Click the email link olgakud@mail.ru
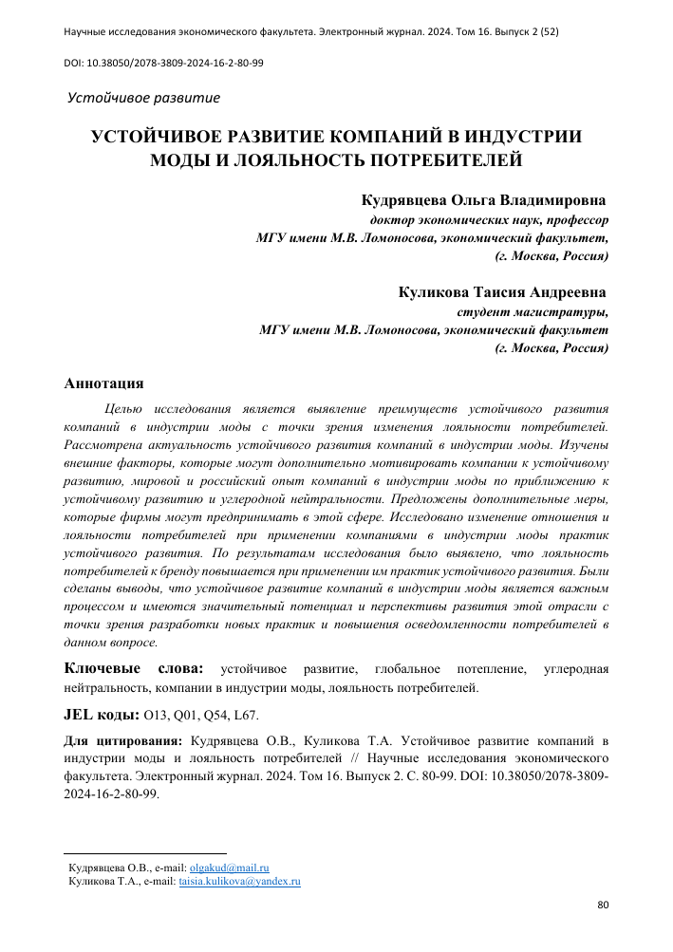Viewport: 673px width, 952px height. (231, 868)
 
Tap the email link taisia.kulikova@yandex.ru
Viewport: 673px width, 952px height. (240, 882)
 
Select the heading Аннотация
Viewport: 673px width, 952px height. (103, 384)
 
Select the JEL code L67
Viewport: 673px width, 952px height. (256, 715)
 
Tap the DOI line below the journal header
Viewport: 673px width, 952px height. (163, 63)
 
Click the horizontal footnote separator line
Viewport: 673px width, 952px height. (144, 853)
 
